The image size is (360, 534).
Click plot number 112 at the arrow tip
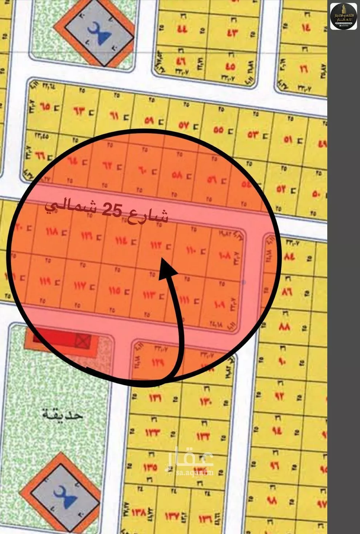pyautogui.click(x=156, y=246)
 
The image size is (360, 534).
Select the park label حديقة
pyautogui.click(x=63, y=415)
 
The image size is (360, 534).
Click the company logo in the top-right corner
pyautogui.click(x=343, y=16)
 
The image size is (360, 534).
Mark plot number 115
pyautogui.click(x=114, y=291)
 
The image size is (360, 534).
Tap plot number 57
pyautogui.click(x=184, y=126)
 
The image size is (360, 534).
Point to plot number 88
pyautogui.click(x=284, y=326)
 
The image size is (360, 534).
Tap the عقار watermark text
pyautogui.click(x=189, y=458)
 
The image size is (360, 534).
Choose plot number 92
pyautogui.click(x=279, y=395)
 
